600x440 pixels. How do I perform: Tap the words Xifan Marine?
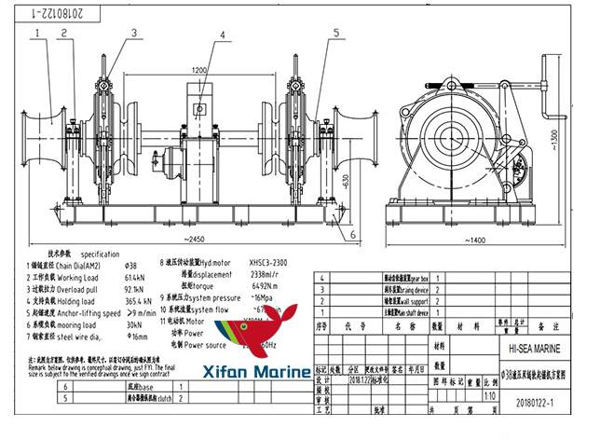(x=251, y=372)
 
